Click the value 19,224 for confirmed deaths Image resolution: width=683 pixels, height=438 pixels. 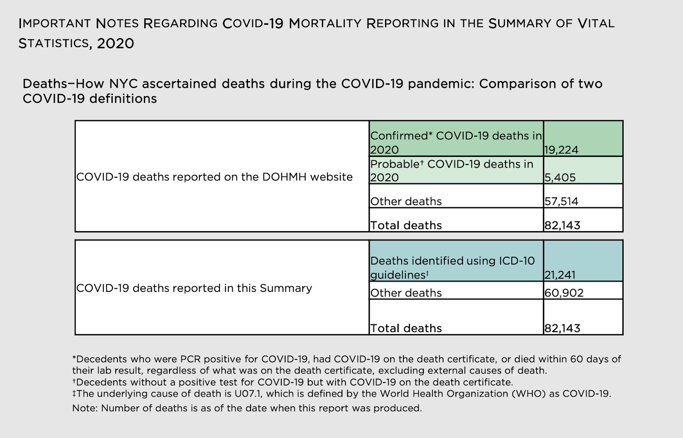pos(561,150)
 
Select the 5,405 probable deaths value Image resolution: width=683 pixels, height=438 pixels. pos(560,177)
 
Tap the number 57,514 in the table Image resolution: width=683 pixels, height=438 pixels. pos(561,201)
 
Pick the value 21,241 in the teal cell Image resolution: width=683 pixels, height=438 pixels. pos(560,275)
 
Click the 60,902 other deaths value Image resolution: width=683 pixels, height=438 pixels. pos(564,293)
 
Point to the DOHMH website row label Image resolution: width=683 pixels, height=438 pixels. pos(214,177)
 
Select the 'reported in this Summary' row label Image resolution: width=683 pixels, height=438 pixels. pos(194,288)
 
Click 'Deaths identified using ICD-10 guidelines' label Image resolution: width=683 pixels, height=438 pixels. pos(452,268)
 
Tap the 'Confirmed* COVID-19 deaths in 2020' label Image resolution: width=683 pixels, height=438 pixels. pos(455,142)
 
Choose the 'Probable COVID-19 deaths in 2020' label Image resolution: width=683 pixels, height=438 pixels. pos(452,170)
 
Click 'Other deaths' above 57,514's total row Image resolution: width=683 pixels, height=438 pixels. pos(406,201)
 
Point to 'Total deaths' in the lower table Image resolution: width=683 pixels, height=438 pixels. pos(406,328)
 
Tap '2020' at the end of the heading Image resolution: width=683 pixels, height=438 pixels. pos(115,44)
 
